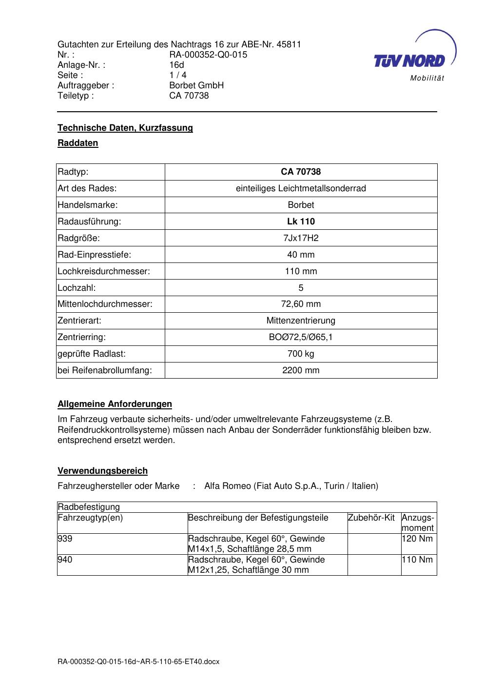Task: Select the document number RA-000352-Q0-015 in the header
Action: (x=208, y=55)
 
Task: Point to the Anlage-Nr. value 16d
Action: (x=176, y=65)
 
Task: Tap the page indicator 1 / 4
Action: (x=178, y=75)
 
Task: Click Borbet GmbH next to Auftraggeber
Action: (x=196, y=85)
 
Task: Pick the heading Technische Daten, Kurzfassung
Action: (x=125, y=128)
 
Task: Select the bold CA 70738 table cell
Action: (x=301, y=172)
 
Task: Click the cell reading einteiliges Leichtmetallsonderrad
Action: (x=301, y=188)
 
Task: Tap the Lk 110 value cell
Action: (x=301, y=222)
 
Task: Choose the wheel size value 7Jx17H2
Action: (x=301, y=238)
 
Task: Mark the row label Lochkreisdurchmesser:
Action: (x=103, y=271)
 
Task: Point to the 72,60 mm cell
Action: (x=301, y=304)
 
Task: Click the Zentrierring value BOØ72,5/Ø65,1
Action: (x=301, y=337)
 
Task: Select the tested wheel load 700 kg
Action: (x=301, y=354)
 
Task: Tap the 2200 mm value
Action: (x=301, y=370)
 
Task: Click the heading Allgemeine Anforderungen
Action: (x=115, y=404)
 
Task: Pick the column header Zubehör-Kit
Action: (x=371, y=518)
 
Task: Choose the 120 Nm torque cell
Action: (x=417, y=539)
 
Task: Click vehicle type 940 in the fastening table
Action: (x=65, y=560)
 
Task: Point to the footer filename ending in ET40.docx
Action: (x=138, y=662)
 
